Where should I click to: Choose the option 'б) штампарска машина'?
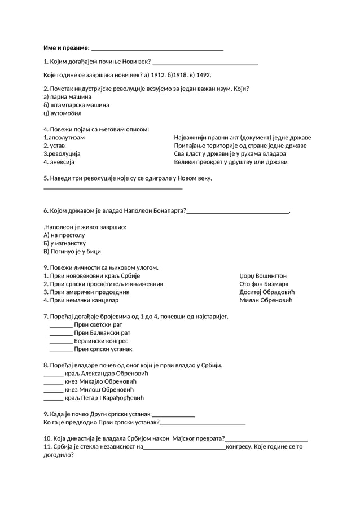coord(76,105)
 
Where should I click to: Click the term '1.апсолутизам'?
coord(64,138)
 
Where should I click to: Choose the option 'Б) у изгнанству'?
coord(64,243)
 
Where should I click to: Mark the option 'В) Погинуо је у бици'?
coord(72,252)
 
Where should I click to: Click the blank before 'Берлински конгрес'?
coord(60,341)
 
